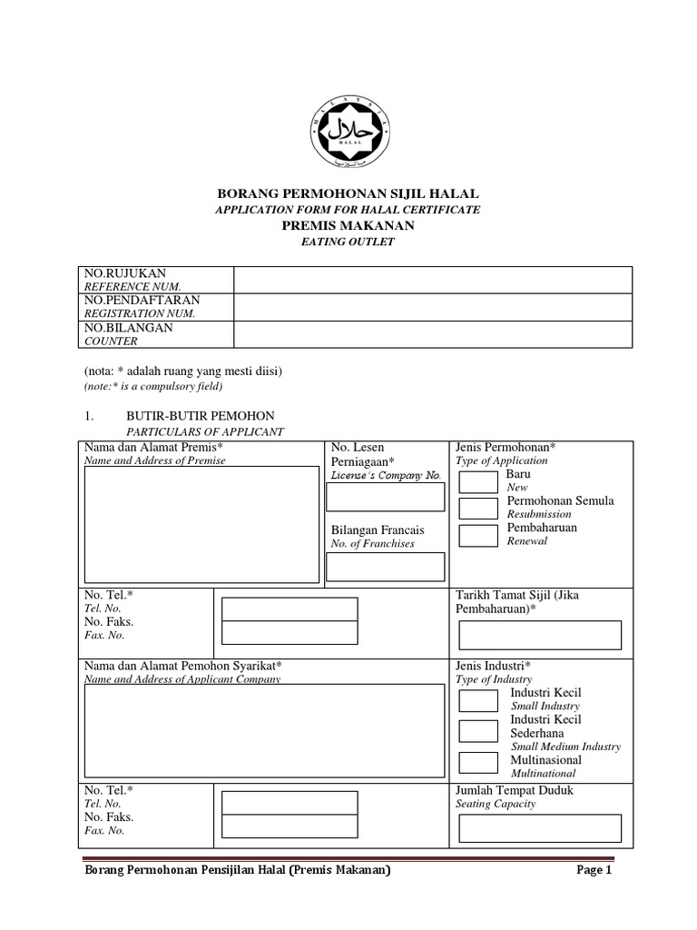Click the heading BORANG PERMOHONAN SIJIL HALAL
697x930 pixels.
348,193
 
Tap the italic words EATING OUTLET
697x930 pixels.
348,242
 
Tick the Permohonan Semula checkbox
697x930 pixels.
478,509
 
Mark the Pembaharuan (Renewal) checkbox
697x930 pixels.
478,535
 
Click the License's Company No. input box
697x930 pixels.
385,497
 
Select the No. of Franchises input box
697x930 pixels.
385,567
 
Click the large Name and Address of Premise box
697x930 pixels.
201,524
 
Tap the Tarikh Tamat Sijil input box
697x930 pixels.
540,635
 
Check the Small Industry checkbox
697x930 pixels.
478,700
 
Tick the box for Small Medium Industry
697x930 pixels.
478,731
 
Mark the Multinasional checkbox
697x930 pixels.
478,763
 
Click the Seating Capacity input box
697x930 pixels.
540,828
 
